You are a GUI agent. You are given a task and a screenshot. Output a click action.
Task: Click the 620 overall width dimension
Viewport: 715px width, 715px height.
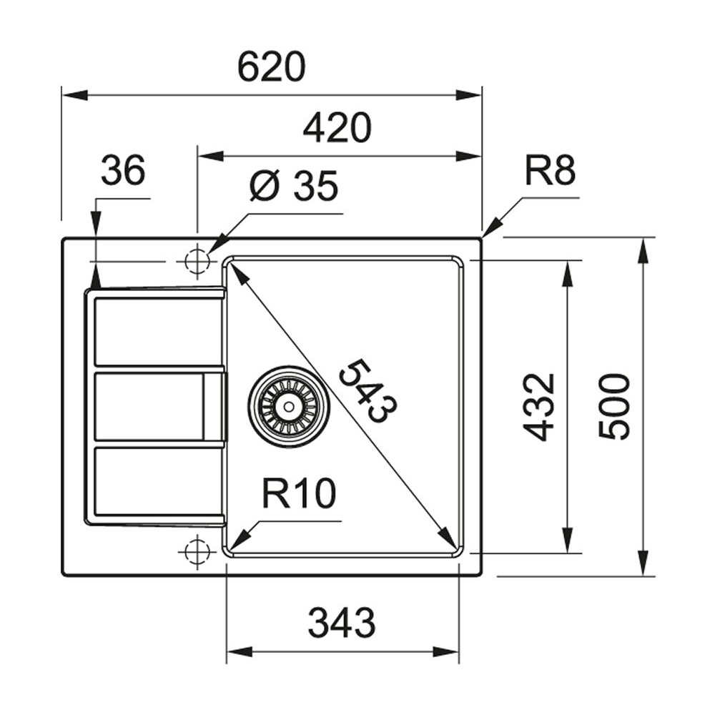point(271,68)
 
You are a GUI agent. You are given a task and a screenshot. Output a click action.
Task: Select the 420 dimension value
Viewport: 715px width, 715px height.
point(337,129)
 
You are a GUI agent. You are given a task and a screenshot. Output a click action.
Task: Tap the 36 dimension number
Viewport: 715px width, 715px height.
point(123,172)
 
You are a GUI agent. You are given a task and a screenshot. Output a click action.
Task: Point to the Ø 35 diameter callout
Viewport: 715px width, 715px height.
point(293,187)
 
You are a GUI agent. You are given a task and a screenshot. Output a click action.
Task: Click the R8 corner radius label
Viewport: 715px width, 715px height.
point(550,172)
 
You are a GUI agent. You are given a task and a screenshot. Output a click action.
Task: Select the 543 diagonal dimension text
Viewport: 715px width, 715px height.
point(368,392)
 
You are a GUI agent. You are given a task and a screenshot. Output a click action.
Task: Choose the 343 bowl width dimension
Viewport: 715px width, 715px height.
point(341,623)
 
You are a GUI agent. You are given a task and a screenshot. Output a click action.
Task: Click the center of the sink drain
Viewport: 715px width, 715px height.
point(289,406)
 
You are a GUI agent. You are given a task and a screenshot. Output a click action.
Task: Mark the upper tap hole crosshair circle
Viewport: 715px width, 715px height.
point(197,261)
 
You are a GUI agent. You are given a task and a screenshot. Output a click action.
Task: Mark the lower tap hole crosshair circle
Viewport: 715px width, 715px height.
point(197,551)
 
